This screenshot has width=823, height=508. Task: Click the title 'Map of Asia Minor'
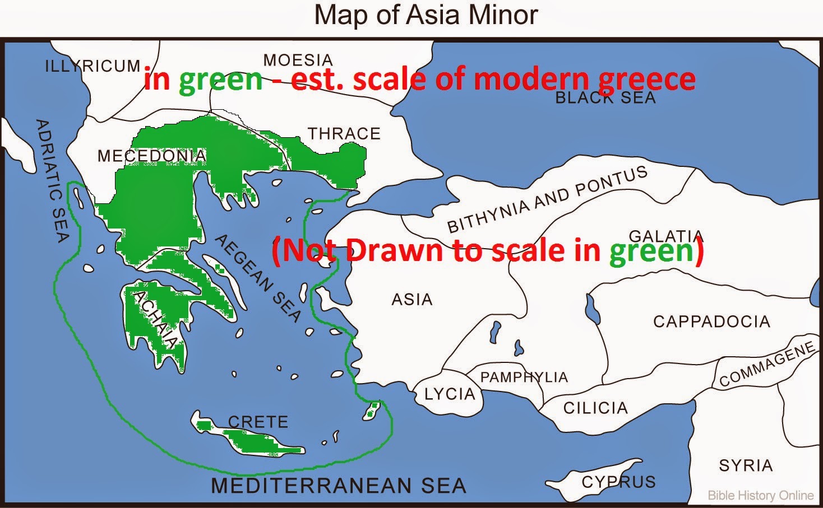click(426, 15)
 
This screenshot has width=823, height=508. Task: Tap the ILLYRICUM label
click(93, 66)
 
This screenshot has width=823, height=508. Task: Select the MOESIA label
click(298, 60)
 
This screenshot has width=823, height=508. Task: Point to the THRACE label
click(344, 134)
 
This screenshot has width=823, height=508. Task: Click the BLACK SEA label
click(605, 98)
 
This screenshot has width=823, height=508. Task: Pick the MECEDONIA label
click(151, 156)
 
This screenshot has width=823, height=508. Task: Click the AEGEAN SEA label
click(258, 278)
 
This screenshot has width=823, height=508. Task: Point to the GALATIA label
click(666, 236)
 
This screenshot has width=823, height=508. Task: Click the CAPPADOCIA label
click(711, 321)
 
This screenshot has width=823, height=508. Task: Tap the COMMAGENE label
click(767, 364)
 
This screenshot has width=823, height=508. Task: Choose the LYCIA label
click(450, 394)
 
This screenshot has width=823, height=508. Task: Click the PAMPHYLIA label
click(524, 377)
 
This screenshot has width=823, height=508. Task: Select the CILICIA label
click(595, 408)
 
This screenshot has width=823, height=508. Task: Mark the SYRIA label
click(746, 465)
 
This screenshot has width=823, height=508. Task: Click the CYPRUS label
click(618, 482)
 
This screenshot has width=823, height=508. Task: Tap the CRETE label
click(258, 422)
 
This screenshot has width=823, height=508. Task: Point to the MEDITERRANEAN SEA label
click(339, 486)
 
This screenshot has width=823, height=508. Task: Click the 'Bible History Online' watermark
click(760, 496)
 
